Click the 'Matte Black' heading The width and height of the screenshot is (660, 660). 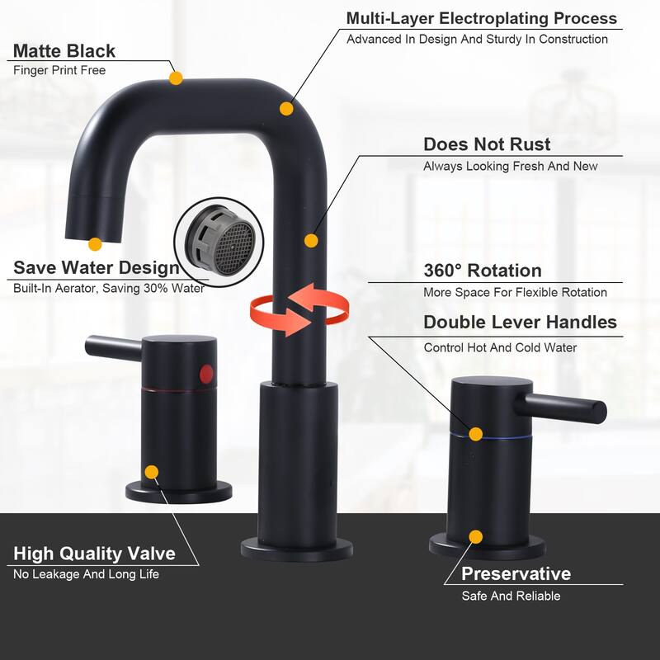[64, 51]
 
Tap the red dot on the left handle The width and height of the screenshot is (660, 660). [206, 375]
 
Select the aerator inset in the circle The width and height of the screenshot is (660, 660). [219, 242]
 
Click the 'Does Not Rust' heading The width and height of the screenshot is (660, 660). [487, 144]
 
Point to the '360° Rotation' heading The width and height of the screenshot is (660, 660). [483, 271]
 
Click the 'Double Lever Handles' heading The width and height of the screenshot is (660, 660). [521, 323]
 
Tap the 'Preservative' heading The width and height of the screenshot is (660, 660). [516, 573]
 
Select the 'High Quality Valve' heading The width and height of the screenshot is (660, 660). [94, 554]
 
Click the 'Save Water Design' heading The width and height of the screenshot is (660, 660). [97, 267]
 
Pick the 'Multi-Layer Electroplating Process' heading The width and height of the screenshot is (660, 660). [482, 18]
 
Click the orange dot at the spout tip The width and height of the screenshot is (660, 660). [95, 244]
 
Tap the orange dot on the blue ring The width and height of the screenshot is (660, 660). [476, 434]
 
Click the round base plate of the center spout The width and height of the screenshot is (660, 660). [297, 549]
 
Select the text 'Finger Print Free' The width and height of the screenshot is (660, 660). [59, 70]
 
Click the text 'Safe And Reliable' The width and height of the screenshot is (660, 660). [511, 596]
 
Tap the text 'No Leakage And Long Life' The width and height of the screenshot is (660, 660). [87, 574]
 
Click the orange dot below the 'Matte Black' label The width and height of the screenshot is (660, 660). [176, 78]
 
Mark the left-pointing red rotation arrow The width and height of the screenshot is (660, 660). [318, 303]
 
